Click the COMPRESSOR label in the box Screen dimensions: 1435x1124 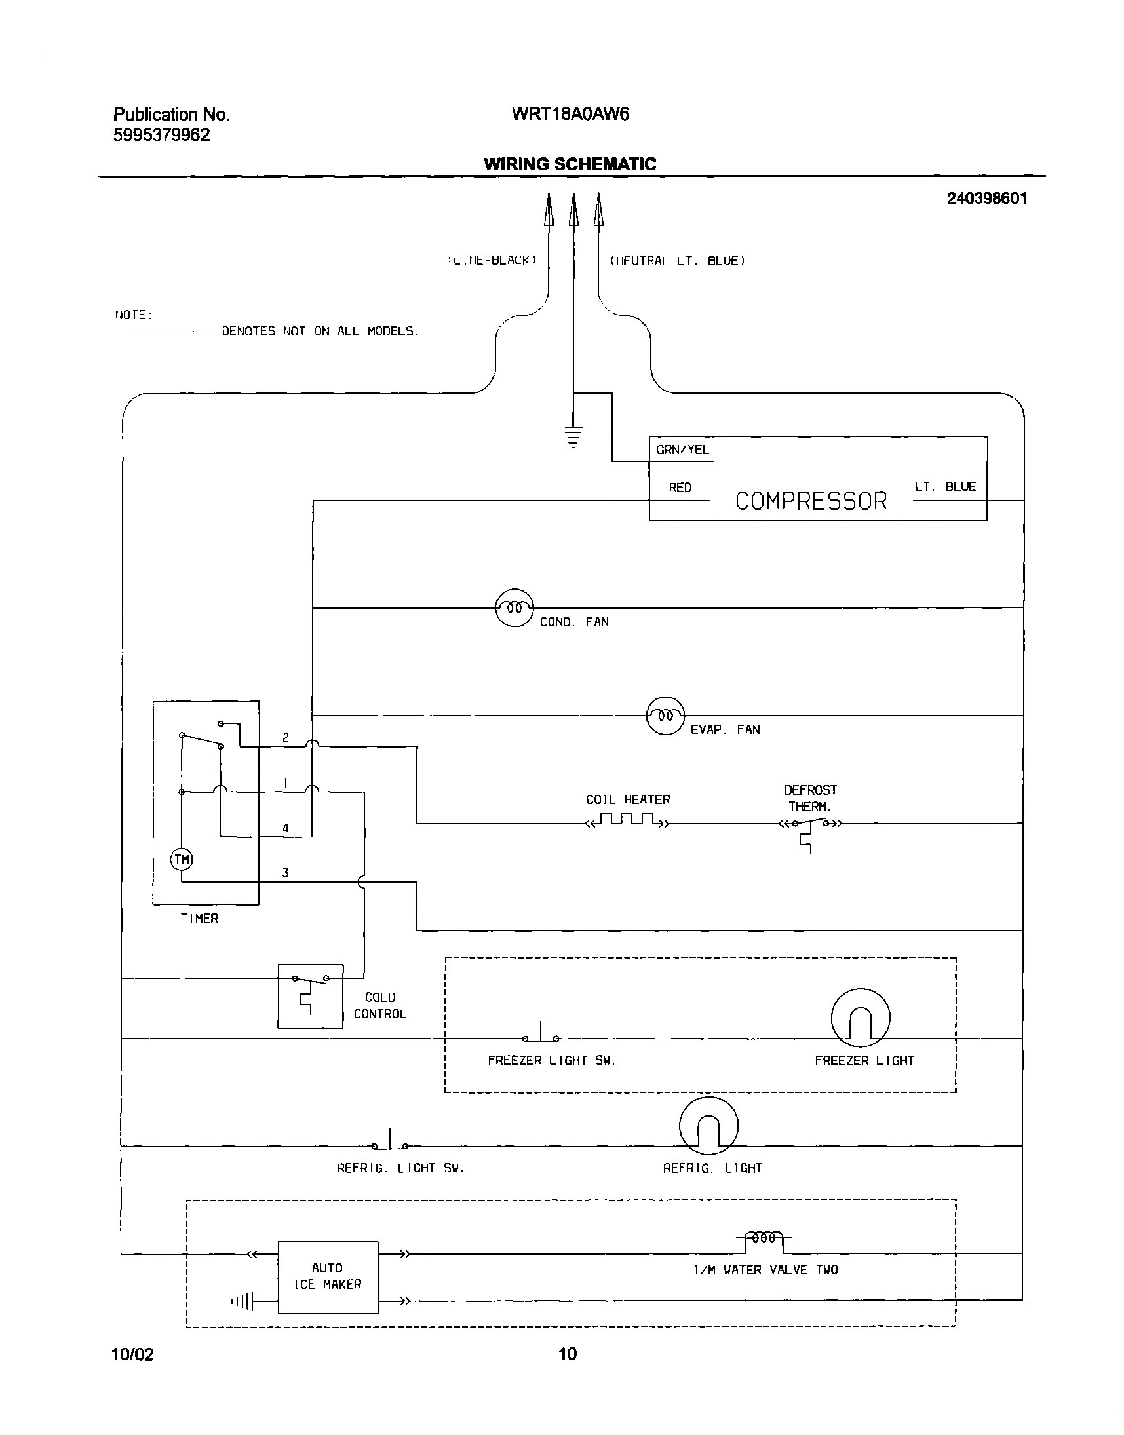(x=810, y=501)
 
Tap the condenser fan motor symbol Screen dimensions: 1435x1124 (x=514, y=608)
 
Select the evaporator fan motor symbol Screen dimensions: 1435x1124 (x=665, y=715)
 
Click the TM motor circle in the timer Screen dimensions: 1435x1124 (x=181, y=859)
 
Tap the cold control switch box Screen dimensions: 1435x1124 (x=310, y=995)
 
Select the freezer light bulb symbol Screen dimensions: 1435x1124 (x=860, y=1018)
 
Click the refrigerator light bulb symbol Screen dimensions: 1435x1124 (x=708, y=1126)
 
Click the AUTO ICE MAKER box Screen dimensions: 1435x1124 (x=328, y=1277)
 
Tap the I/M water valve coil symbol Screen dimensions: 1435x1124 (x=764, y=1238)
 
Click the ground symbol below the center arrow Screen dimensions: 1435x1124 (x=573, y=436)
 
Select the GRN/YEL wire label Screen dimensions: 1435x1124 (x=682, y=450)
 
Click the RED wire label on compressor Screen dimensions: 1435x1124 (x=680, y=488)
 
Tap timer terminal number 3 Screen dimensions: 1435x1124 (x=285, y=873)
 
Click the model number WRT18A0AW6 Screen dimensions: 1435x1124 (x=570, y=115)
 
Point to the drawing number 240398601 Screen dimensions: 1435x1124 (x=986, y=199)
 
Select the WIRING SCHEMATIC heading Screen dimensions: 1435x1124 (x=570, y=164)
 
